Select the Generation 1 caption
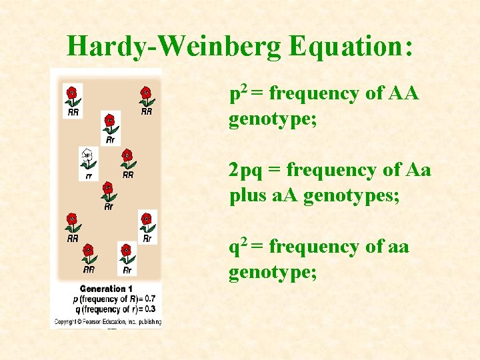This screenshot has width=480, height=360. point(103,289)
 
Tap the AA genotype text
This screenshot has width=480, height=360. point(403,93)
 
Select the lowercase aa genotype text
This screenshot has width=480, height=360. point(397,247)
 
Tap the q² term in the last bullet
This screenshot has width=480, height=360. point(238,247)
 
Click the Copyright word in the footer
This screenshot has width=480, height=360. point(67,321)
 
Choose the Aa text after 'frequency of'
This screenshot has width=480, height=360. point(418,171)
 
